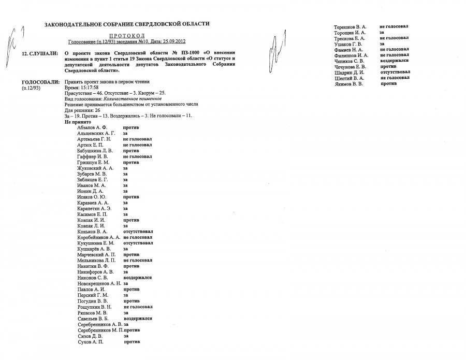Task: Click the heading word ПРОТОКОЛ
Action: (x=126, y=33)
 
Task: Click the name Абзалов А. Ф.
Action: (x=91, y=127)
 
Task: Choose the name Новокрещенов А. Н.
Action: (x=99, y=283)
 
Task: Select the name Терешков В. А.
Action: (x=350, y=26)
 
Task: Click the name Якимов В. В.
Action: (x=348, y=83)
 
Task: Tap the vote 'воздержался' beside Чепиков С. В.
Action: (x=396, y=61)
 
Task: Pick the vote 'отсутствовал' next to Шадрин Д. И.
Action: (x=396, y=72)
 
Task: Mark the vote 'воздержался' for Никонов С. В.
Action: (x=137, y=278)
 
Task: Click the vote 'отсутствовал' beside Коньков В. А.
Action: (x=138, y=231)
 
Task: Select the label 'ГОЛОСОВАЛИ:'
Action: (x=39, y=82)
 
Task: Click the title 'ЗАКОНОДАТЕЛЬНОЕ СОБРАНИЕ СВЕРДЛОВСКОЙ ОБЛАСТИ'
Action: (x=127, y=24)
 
